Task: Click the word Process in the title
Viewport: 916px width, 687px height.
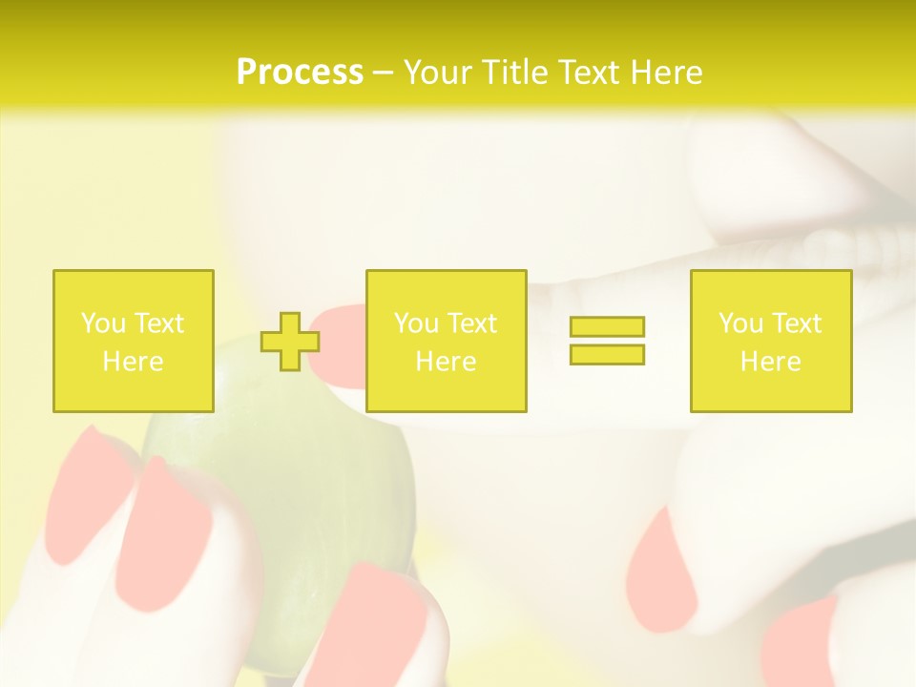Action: pyautogui.click(x=300, y=73)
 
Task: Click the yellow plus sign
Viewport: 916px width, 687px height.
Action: pyautogui.click(x=290, y=342)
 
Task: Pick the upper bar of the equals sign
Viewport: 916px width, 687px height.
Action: pyautogui.click(x=607, y=326)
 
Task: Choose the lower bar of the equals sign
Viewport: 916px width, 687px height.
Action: pyautogui.click(x=607, y=354)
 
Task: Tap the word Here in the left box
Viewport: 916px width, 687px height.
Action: pyautogui.click(x=133, y=362)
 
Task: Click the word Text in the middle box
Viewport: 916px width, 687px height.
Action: pyautogui.click(x=471, y=323)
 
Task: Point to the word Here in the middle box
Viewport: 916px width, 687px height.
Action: pyautogui.click(x=446, y=362)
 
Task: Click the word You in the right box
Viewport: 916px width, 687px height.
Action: pyautogui.click(x=741, y=323)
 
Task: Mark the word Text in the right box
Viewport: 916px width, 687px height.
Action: pyautogui.click(x=796, y=323)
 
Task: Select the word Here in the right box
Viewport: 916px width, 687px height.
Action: pyautogui.click(x=770, y=362)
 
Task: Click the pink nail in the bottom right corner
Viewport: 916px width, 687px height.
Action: pyautogui.click(x=801, y=644)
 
